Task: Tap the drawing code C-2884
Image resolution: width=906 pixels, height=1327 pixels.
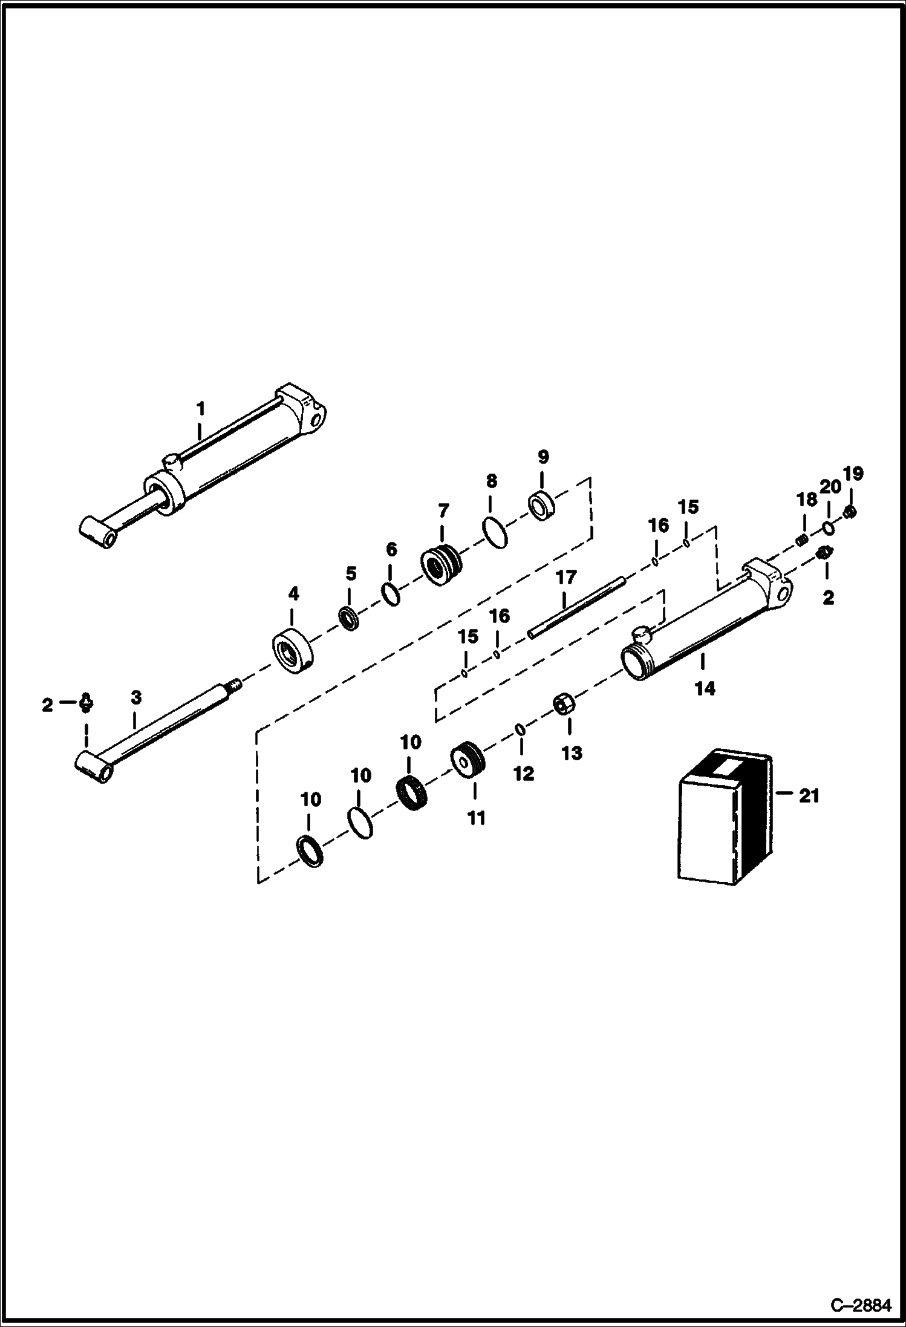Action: [x=860, y=1305]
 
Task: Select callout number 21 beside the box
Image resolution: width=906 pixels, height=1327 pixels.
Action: [x=809, y=796]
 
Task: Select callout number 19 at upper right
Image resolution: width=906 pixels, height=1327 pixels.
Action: [x=853, y=473]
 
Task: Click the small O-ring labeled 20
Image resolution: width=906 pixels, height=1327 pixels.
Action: [x=829, y=529]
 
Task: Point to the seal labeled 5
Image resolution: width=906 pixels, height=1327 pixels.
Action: [x=349, y=620]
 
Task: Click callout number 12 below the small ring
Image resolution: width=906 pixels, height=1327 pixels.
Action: [x=523, y=774]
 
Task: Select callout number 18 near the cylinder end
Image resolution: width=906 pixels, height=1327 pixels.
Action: [x=807, y=500]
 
